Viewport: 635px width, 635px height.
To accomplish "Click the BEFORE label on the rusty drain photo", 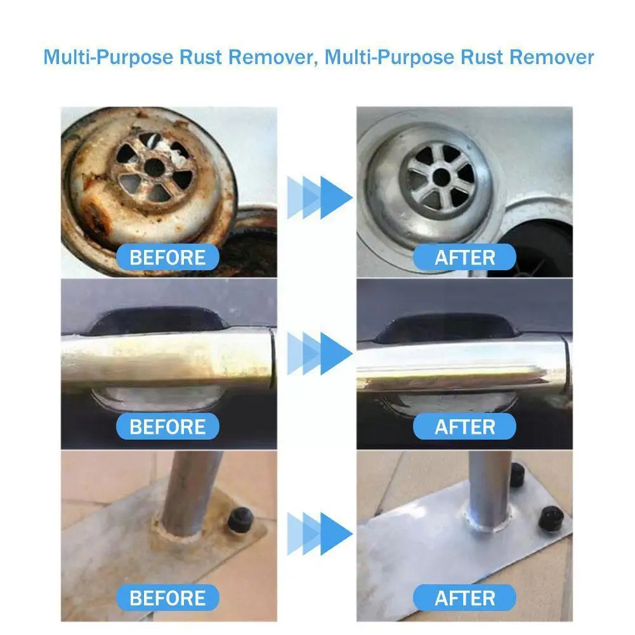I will coord(167,258).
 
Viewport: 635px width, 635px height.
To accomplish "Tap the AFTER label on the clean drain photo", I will coord(464,258).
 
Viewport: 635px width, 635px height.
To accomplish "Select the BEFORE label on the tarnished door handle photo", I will coord(167,426).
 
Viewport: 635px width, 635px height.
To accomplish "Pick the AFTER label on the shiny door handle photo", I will coord(464,426).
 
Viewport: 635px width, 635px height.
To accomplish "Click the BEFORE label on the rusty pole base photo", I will coord(167,598).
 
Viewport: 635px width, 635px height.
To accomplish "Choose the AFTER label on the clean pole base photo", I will coord(464,598).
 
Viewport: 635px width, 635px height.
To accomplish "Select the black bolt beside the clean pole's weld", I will coord(549,519).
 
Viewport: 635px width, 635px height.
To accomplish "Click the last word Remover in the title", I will coord(551,57).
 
